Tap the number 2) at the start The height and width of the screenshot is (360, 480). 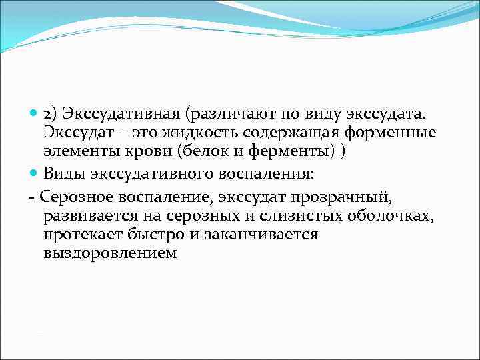[51, 114]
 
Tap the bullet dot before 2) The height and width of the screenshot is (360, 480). [35, 114]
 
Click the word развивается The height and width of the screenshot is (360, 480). [85, 215]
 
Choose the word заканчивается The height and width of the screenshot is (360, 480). [255, 235]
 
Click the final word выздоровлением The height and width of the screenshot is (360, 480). [110, 253]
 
